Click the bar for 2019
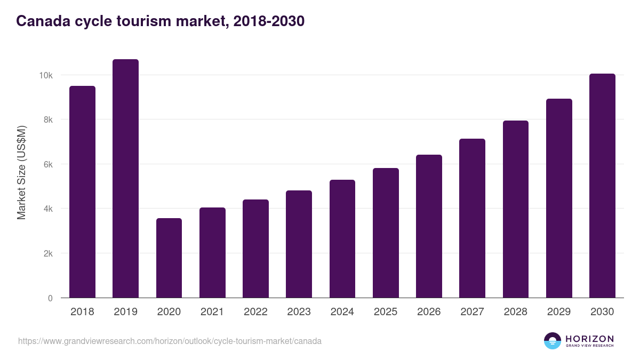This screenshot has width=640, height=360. [125, 179]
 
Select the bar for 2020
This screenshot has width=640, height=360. [169, 258]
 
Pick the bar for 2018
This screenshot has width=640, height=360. [82, 192]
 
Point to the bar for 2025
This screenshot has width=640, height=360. [386, 233]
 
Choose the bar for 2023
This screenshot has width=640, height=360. [299, 244]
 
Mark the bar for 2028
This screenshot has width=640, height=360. [516, 209]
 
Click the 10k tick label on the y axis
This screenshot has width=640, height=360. [45, 76]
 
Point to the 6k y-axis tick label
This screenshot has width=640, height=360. [47, 165]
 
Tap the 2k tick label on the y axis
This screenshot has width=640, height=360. [47, 254]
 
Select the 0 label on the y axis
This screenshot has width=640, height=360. [50, 298]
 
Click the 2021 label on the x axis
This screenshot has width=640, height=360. [212, 312]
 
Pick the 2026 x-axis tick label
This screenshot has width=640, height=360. [429, 312]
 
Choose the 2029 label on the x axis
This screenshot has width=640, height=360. [559, 312]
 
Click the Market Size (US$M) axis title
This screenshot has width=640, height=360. [21, 172]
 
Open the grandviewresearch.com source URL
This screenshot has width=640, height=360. [170, 341]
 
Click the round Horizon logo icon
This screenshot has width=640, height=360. [553, 341]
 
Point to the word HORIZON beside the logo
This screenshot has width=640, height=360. [589, 338]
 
